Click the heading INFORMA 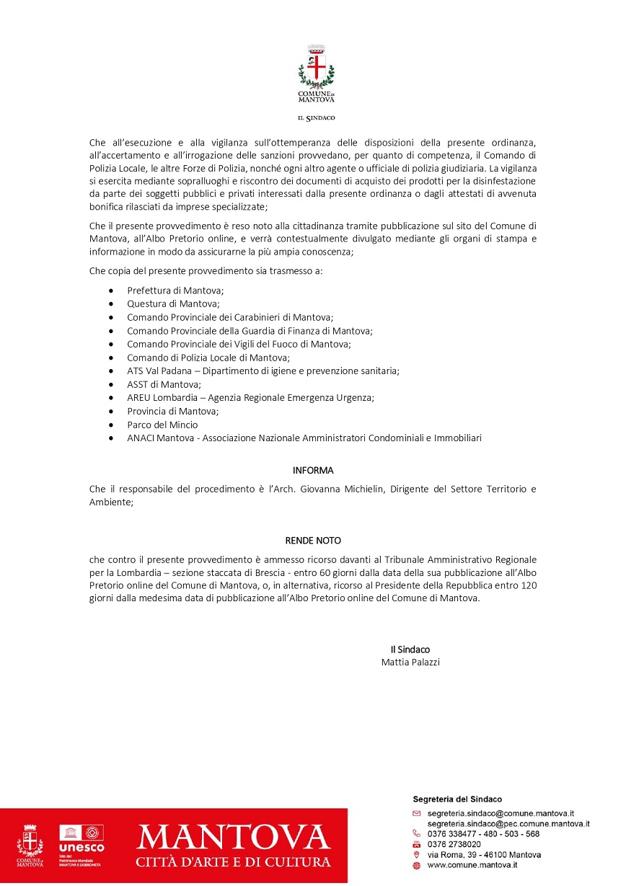tap(313, 471)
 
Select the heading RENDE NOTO tap(313, 540)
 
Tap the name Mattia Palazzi tap(410, 662)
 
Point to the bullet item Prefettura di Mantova tap(175, 290)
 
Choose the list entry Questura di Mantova tap(173, 304)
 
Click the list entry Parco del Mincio tap(162, 425)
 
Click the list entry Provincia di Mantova tap(172, 411)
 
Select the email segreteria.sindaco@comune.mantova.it tap(500, 813)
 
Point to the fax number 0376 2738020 tap(454, 844)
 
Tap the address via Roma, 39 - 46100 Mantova tap(484, 854)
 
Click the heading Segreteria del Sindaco tap(457, 799)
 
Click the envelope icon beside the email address tap(416, 813)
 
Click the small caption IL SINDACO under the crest tap(316, 118)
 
